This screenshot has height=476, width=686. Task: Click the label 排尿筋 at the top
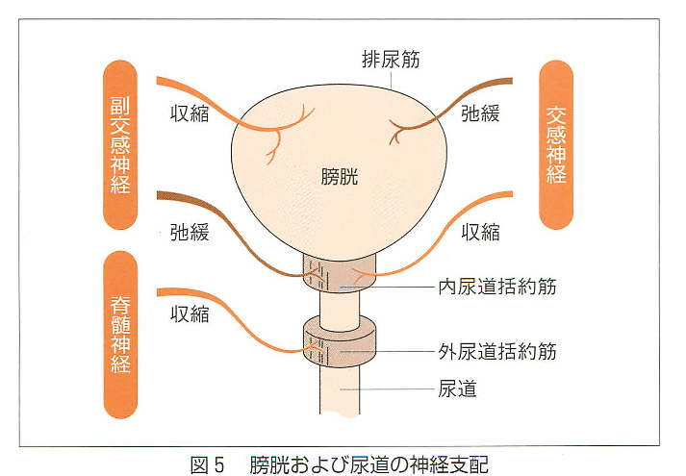click(391, 59)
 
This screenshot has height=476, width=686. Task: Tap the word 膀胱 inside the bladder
click(340, 177)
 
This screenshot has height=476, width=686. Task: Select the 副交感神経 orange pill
click(120, 144)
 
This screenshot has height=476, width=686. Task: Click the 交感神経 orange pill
click(556, 144)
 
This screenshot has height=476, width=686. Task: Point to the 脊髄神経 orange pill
click(120, 335)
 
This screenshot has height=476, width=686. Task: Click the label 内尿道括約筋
click(497, 287)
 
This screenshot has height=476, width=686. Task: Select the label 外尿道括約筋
click(497, 351)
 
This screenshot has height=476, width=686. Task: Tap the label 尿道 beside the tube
click(457, 388)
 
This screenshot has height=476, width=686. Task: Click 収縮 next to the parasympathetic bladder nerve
click(190, 113)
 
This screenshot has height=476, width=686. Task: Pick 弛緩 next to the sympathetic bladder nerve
click(480, 113)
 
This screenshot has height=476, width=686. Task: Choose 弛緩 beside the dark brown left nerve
click(190, 232)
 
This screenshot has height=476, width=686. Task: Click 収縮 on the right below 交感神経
click(480, 232)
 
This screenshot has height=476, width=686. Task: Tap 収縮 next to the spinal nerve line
click(190, 313)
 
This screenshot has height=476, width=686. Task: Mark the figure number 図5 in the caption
click(208, 464)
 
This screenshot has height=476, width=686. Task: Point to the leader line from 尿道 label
click(387, 389)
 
